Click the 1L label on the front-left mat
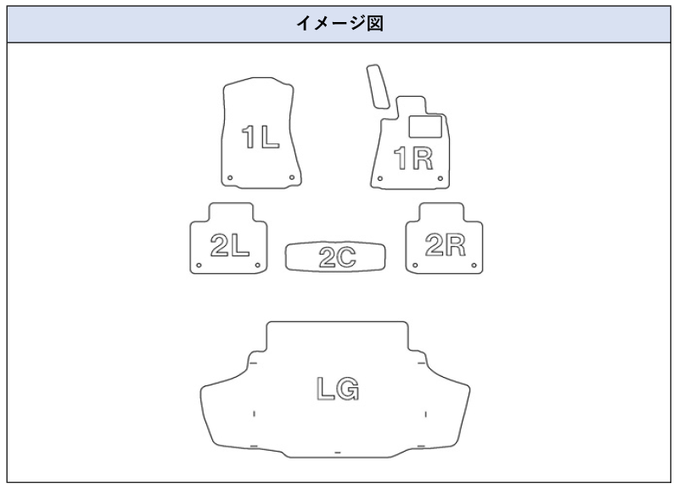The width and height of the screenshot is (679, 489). (260, 137)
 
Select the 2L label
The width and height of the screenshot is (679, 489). (228, 245)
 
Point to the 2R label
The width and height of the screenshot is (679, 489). (446, 245)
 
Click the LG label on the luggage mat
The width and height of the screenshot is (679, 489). (337, 390)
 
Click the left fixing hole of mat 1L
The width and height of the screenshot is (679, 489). (229, 177)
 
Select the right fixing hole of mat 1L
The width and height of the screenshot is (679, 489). (291, 177)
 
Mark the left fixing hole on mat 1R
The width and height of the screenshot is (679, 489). (381, 178)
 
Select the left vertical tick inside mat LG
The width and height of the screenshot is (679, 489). (255, 413)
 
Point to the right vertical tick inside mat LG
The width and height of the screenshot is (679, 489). (424, 413)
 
